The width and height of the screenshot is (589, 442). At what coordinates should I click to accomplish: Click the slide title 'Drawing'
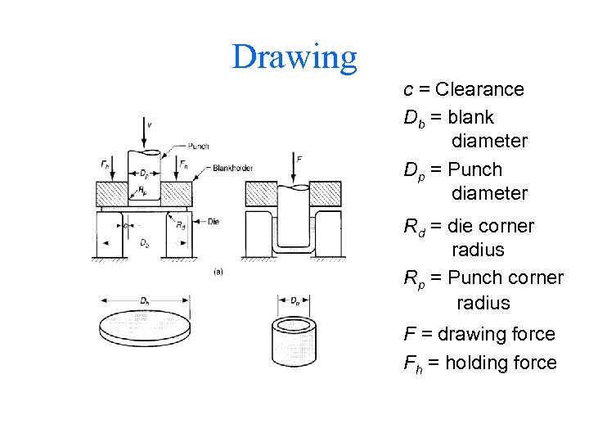pos(294,57)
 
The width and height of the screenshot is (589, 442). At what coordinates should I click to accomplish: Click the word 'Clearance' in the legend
pos(479,89)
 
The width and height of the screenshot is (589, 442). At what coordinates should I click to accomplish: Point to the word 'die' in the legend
pos(464,226)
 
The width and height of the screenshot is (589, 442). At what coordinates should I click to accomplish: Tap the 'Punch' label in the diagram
pos(197,147)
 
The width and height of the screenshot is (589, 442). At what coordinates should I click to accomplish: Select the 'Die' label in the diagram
pos(214,221)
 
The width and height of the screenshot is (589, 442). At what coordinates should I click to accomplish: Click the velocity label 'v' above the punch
pos(149,124)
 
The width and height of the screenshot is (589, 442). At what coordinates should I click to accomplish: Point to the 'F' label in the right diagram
pos(299,158)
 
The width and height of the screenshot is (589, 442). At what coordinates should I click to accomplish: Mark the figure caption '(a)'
pos(218,271)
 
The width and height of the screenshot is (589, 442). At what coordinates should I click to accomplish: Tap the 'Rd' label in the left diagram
pos(180,226)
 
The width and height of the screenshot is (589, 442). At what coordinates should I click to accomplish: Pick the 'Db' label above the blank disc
pos(145,301)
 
